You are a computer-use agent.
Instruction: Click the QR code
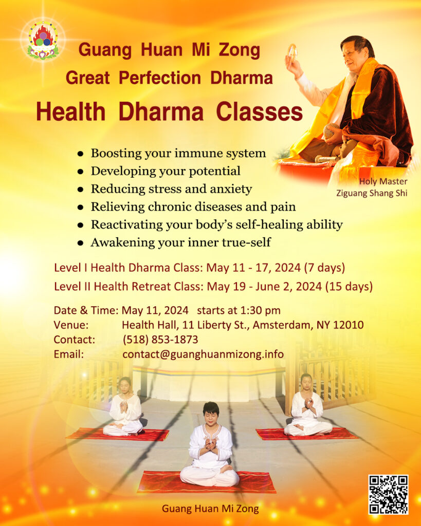point(389,494)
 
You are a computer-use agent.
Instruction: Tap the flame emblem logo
point(43,40)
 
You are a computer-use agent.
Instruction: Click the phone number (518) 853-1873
point(160,340)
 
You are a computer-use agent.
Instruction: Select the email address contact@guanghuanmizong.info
point(203,354)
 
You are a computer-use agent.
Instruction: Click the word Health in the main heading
point(71,111)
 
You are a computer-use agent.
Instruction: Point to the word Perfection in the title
point(160,78)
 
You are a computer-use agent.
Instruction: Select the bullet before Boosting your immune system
point(80,154)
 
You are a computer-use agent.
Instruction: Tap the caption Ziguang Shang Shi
point(372,193)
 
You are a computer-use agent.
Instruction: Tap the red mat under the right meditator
point(307,434)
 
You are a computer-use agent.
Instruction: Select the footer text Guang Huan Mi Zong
point(210,509)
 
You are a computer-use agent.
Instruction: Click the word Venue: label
point(71,325)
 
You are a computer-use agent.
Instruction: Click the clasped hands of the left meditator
point(124,407)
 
